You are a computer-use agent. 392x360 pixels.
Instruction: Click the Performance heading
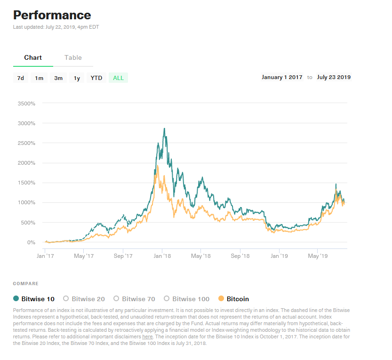point(52,15)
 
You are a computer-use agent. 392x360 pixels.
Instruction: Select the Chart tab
point(33,57)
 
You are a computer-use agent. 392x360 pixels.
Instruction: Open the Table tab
point(73,57)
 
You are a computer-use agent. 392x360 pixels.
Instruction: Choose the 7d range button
point(20,78)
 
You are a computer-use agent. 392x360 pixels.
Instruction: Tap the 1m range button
point(39,78)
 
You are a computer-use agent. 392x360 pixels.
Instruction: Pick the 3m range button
point(58,78)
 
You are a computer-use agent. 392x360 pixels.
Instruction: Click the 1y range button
point(77,78)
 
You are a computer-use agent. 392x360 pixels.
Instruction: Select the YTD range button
point(96,78)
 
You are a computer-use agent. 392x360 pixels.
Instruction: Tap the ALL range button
point(118,78)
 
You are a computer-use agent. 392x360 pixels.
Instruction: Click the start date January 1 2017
point(282,77)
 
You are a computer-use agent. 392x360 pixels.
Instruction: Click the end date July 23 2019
point(334,77)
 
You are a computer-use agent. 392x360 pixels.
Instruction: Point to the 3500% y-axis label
point(26,103)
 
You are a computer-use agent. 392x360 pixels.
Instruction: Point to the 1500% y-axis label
point(26,183)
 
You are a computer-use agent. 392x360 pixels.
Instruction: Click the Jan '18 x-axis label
point(162,256)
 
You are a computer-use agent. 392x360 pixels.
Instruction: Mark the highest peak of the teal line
point(164,128)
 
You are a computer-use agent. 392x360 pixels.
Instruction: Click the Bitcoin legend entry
point(234,299)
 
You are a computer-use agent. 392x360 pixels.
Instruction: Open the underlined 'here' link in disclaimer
point(147,337)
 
